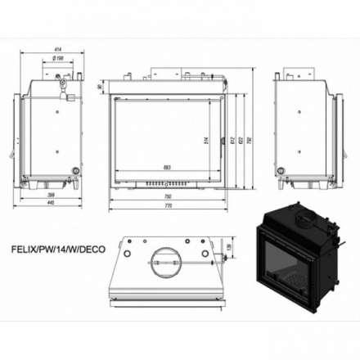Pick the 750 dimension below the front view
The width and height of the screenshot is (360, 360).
pos(167,196)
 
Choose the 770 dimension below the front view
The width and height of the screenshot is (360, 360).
pos(167,205)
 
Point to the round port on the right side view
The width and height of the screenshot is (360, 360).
pos(283,171)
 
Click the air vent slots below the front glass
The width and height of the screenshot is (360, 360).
pos(167,183)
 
